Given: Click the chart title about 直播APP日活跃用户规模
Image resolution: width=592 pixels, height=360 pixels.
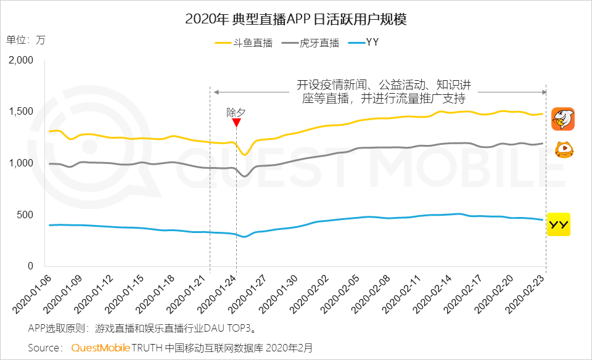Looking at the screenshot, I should click(x=296, y=19).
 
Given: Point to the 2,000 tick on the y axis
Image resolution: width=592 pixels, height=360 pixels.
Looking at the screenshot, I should click(x=21, y=60).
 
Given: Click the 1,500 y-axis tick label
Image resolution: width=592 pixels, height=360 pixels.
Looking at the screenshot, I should click(x=21, y=112).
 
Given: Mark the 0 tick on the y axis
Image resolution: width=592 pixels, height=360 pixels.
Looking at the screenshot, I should click(x=31, y=266).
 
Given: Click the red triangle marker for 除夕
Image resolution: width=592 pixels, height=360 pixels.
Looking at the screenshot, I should click(x=236, y=123).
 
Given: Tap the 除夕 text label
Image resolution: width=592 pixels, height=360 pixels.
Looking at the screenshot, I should click(x=236, y=112).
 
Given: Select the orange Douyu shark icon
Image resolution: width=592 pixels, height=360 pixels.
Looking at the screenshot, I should click(x=562, y=118).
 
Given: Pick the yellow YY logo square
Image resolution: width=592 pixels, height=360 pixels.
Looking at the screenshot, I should click(x=559, y=224).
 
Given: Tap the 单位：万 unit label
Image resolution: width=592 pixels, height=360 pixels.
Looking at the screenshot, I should click(x=26, y=39).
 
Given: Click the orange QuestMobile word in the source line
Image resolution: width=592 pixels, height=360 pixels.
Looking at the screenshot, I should click(x=100, y=348).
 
